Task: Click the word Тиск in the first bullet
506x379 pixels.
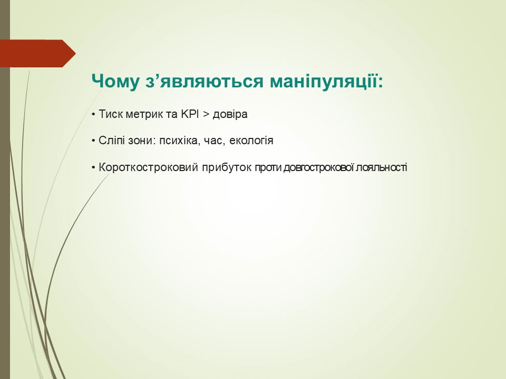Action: pyautogui.click(x=109, y=114)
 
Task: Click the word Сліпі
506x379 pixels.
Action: pyautogui.click(x=110, y=141)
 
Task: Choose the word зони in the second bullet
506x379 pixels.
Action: pyautogui.click(x=137, y=141)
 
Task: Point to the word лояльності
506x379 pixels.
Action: pyautogui.click(x=382, y=168)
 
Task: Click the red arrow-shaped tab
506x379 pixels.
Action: pyautogui.click(x=37, y=53)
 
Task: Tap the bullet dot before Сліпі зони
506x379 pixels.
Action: pyautogui.click(x=93, y=141)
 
